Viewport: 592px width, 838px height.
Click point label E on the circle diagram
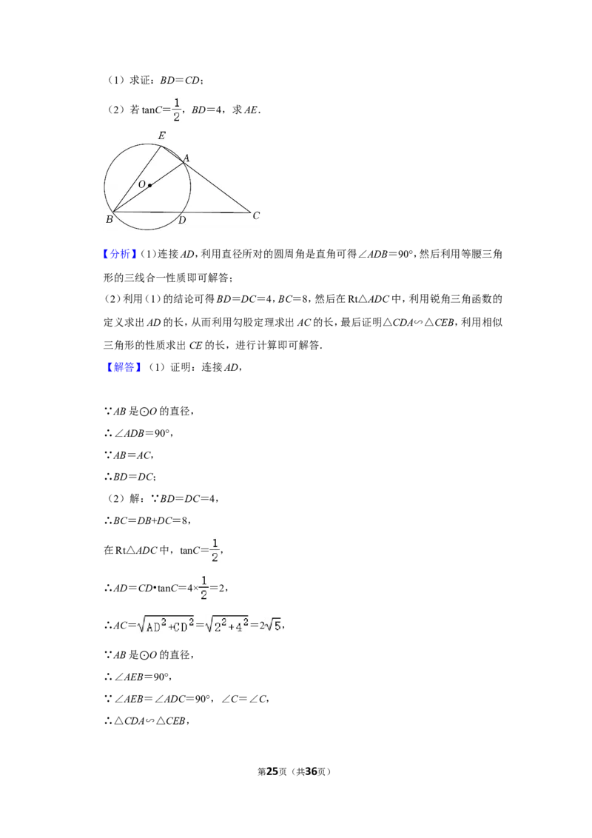pyautogui.click(x=161, y=135)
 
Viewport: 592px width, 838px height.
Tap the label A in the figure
pyautogui.click(x=186, y=158)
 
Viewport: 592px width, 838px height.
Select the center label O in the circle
pyautogui.click(x=141, y=184)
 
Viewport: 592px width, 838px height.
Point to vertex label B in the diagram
pyautogui.click(x=109, y=219)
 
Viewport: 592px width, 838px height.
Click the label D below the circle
pyautogui.click(x=182, y=220)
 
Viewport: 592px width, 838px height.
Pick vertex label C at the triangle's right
pyautogui.click(x=256, y=215)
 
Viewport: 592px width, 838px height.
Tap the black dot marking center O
pyautogui.click(x=150, y=186)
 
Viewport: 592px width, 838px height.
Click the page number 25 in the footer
pyautogui.click(x=272, y=771)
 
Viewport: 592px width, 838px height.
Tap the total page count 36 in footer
pyautogui.click(x=311, y=771)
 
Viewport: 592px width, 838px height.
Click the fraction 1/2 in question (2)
pyautogui.click(x=177, y=110)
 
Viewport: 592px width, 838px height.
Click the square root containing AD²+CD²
pyautogui.click(x=166, y=625)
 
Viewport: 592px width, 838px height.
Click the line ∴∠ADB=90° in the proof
pyautogui.click(x=139, y=433)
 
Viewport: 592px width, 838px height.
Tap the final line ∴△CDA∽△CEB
pyautogui.click(x=147, y=721)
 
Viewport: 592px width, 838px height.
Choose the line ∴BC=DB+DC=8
pyautogui.click(x=147, y=520)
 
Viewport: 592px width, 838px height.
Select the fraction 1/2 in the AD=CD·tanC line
pyautogui.click(x=203, y=587)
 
